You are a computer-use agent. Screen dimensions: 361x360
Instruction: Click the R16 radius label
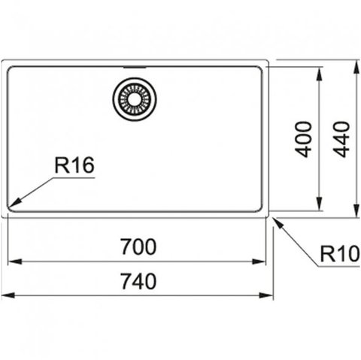(74, 165)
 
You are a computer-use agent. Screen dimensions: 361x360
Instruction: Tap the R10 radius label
(340, 254)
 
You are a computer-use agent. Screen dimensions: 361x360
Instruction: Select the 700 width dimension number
(138, 247)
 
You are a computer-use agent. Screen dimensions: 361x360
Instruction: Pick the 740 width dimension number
(138, 281)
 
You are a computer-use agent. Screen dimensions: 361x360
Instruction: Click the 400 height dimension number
(303, 139)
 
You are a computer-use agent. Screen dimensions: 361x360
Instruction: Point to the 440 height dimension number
(341, 139)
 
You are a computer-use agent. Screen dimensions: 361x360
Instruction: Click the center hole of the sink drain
(135, 99)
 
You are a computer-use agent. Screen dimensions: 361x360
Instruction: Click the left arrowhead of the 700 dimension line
(14, 262)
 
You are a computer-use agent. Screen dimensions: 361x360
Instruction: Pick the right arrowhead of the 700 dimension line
(259, 262)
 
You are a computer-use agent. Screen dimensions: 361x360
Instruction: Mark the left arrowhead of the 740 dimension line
(8, 295)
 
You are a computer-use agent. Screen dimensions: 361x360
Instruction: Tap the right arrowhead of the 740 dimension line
(266, 295)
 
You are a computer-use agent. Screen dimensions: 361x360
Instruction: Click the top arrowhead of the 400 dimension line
(319, 74)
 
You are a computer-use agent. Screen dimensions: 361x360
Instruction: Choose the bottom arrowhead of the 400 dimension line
(319, 204)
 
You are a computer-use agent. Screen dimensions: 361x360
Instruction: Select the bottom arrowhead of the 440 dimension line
(356, 211)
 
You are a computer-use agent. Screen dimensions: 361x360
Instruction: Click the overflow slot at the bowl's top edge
(135, 68)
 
